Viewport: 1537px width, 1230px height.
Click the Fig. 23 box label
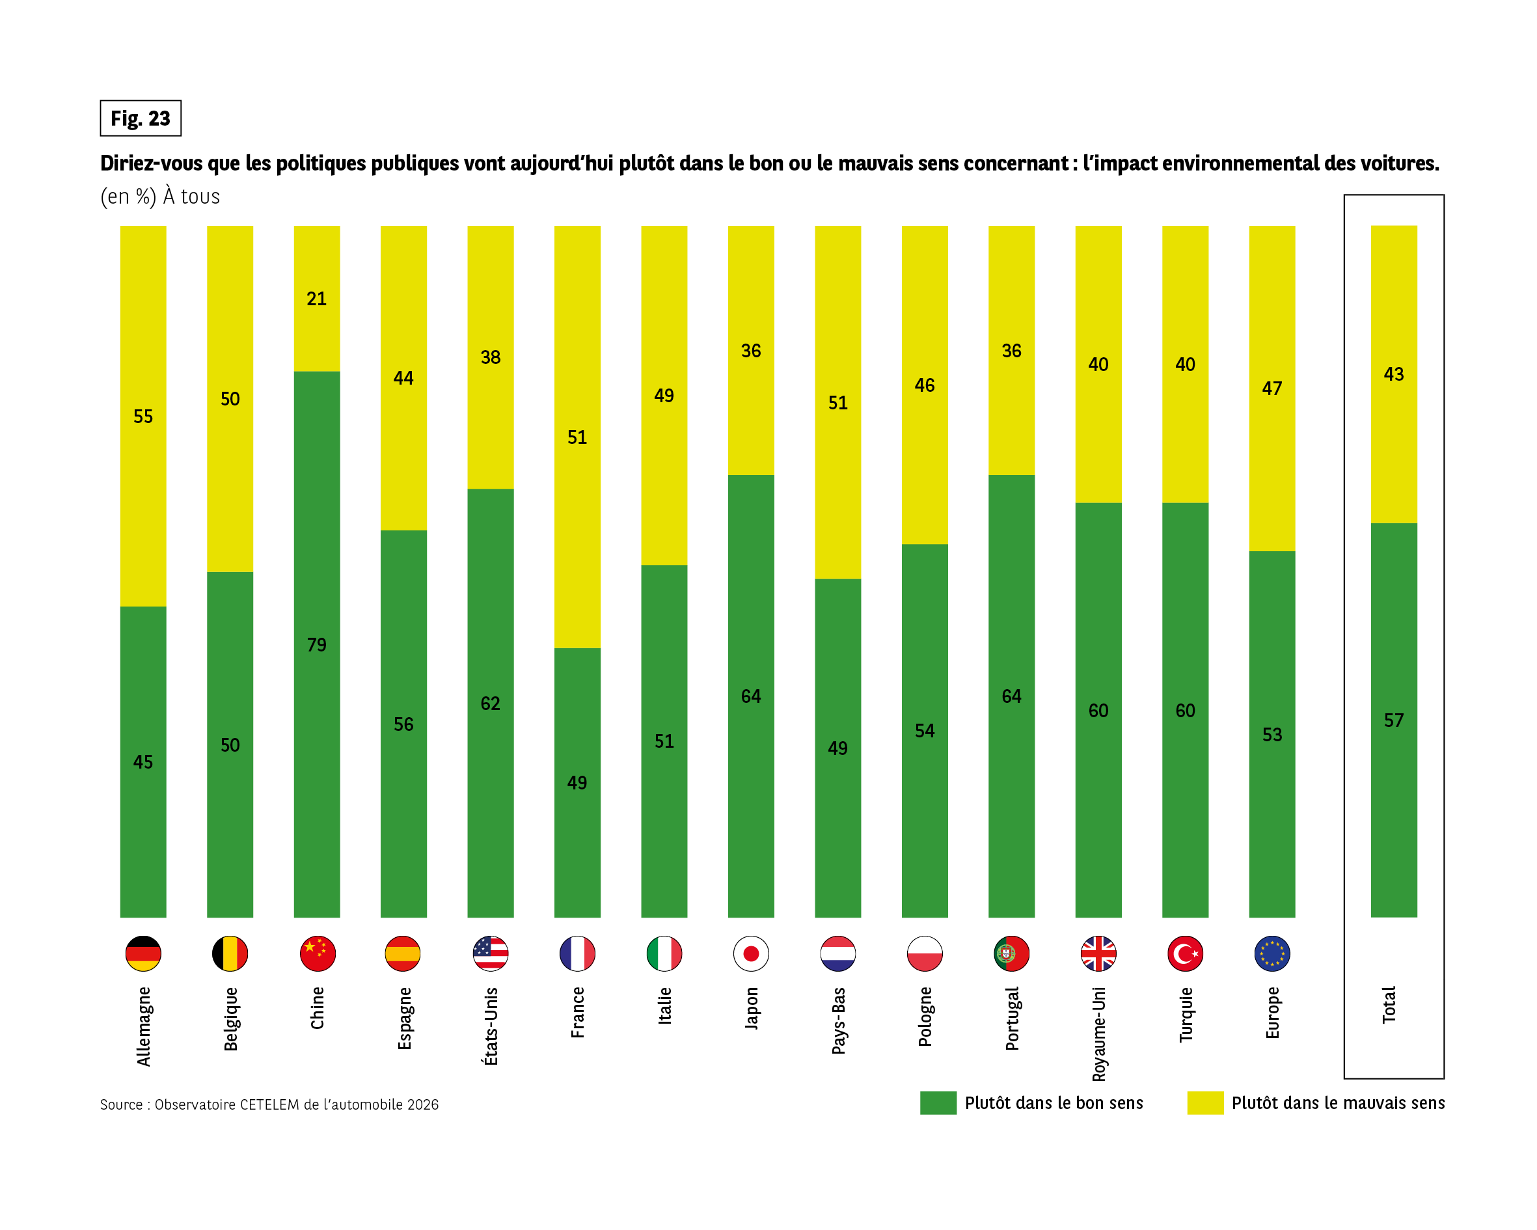141,118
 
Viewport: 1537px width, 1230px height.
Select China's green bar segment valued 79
316,644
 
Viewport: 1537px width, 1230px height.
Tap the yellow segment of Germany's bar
143,416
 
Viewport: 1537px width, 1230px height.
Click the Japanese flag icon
751,953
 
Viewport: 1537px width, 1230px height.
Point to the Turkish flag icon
1185,953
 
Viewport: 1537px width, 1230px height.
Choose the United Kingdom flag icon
1098,953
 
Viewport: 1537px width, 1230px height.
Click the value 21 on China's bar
316,299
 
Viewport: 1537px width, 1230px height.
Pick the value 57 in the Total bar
1394,720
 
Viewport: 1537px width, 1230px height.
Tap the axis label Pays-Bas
838,1020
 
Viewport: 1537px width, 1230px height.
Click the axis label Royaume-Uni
1098,1034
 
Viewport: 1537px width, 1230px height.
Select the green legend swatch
938,1102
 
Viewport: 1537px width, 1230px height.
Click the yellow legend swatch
1204,1102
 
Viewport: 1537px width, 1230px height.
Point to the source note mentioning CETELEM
269,1104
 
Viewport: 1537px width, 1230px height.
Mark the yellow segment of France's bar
577,437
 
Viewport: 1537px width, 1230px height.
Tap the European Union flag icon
1272,953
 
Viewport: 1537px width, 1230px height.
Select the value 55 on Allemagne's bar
143,417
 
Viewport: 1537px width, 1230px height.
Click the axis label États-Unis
491,1026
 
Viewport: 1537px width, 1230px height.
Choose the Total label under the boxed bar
1389,1005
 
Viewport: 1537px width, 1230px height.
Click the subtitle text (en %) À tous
160,197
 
